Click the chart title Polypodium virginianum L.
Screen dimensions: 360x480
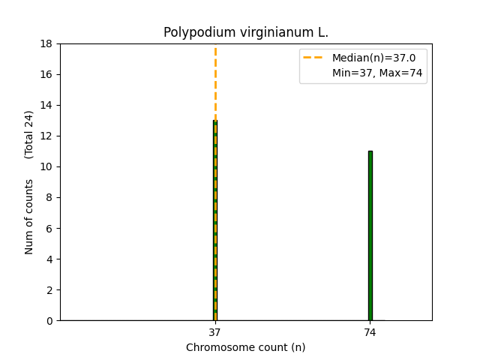pyautogui.click(x=246, y=33)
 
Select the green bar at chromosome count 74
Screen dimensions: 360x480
pyautogui.click(x=370, y=235)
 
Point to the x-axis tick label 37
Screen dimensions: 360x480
pyautogui.click(x=214, y=331)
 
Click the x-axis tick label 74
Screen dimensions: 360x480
pyautogui.click(x=370, y=331)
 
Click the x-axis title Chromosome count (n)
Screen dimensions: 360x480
pyautogui.click(x=246, y=347)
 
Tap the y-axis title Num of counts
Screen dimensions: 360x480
pyautogui.click(x=29, y=216)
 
